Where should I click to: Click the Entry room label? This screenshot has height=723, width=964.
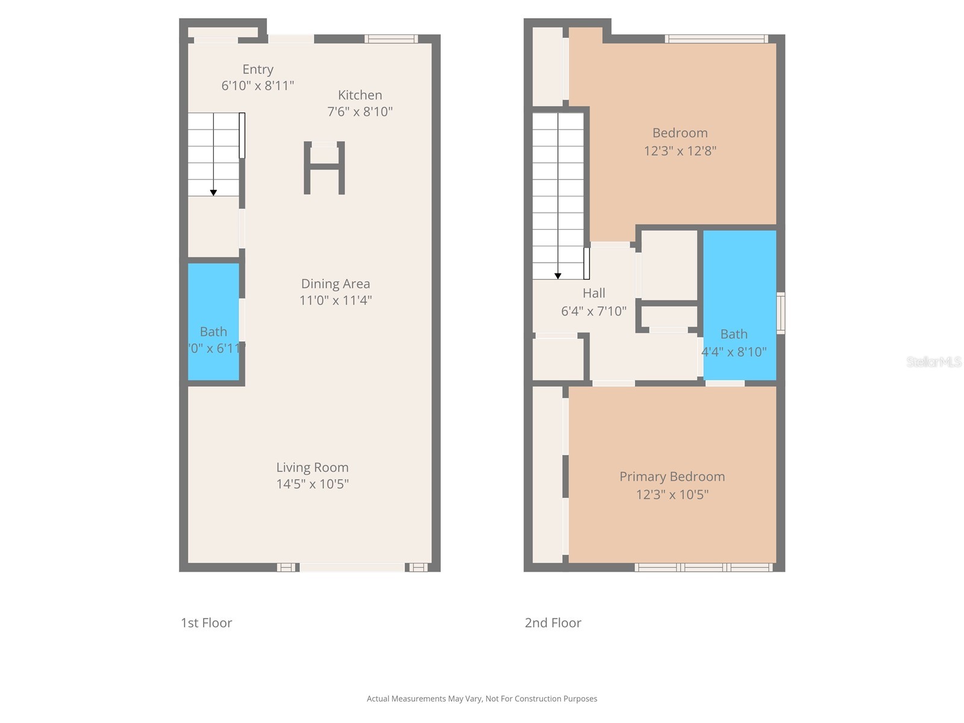pos(258,69)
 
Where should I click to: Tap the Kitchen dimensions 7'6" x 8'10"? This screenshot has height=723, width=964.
pos(360,111)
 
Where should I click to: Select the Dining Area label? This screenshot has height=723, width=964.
pos(336,284)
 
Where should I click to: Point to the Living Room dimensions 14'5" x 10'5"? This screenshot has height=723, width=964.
pos(312,484)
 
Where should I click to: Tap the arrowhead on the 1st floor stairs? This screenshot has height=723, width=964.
pos(213,193)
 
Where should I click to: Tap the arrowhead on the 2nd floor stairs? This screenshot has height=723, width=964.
pos(558,276)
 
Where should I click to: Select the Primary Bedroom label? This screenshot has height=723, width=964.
pos(672,477)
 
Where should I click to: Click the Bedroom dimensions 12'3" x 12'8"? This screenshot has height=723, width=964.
pos(680,151)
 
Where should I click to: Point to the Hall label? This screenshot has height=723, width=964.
pos(593,293)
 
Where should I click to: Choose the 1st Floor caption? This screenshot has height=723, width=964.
pos(206,623)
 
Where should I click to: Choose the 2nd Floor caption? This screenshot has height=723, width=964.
pos(552,623)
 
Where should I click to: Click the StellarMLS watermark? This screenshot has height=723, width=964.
pos(933,361)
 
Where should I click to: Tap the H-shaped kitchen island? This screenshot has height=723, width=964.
pos(324,168)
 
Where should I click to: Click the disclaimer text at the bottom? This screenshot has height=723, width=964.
pos(482,699)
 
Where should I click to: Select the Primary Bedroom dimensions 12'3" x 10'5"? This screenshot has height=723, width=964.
pos(672,495)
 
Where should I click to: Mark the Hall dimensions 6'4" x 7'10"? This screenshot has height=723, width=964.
pos(593,311)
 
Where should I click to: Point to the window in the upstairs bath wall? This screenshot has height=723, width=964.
pos(781,313)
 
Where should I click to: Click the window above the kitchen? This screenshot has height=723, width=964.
pos(391,39)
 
